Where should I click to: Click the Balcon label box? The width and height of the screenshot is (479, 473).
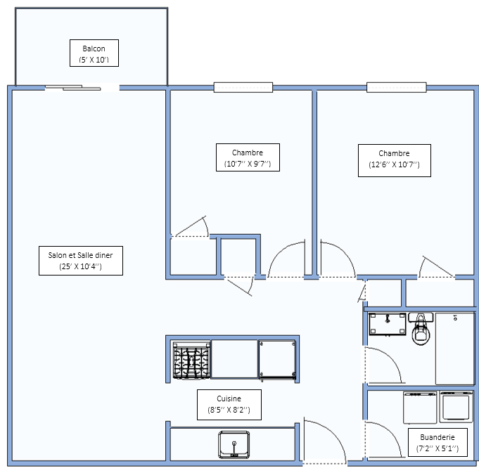tap(94, 53)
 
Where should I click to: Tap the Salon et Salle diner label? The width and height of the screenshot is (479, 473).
tap(81, 261)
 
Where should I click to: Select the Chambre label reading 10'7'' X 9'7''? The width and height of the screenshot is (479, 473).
tap(248, 157)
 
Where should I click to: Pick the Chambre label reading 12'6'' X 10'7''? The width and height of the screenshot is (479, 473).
tap(395, 160)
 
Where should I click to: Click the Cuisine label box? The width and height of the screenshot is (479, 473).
tap(229, 405)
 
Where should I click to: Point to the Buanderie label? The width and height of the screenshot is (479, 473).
tap(438, 443)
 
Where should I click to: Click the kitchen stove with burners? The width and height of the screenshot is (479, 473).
tap(191, 360)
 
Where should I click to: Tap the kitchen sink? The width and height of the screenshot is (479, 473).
tap(234, 445)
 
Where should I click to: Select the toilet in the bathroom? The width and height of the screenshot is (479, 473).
tap(421, 329)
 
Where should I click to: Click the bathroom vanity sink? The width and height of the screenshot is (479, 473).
tap(388, 324)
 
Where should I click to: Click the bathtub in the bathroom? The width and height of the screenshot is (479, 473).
tap(455, 349)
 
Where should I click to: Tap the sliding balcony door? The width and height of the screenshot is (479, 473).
tap(73, 88)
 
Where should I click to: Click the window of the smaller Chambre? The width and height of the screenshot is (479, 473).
tap(243, 87)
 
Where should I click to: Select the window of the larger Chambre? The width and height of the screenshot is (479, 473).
tap(397, 87)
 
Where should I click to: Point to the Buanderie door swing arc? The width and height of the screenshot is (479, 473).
tap(391, 431)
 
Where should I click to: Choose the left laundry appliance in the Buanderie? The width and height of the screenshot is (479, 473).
tap(420, 408)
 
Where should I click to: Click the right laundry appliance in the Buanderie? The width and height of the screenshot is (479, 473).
tap(456, 407)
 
